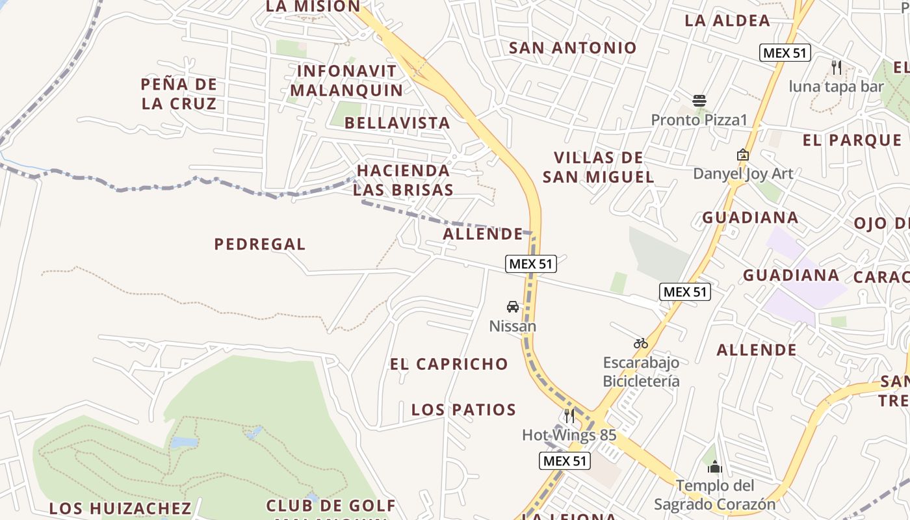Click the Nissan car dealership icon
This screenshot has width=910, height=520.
[x=513, y=307]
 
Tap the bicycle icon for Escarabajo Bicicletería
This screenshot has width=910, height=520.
[x=641, y=343]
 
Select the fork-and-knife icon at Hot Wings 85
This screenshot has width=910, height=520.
[x=569, y=415]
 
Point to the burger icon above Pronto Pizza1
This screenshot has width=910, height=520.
[x=699, y=101]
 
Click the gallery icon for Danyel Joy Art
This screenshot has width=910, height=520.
[x=742, y=155]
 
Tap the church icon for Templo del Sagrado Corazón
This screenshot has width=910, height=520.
[x=715, y=467]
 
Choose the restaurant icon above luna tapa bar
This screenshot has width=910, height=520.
[x=837, y=67]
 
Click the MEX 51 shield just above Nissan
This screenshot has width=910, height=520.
[x=531, y=264]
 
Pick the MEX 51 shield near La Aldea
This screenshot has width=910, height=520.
[x=785, y=53]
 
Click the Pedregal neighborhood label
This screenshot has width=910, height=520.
[x=260, y=244]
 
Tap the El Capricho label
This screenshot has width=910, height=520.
[x=449, y=364]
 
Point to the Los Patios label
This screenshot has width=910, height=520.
[x=464, y=410]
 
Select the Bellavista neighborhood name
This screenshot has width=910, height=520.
[x=397, y=123]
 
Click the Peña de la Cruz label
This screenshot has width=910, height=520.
[x=179, y=94]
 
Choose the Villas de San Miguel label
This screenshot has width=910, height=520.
[x=599, y=167]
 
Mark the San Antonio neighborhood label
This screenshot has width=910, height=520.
[x=573, y=48]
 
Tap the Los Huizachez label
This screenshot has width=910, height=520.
[x=120, y=508]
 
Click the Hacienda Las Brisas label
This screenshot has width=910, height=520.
[x=403, y=180]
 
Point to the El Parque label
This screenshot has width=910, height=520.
[x=852, y=140]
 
